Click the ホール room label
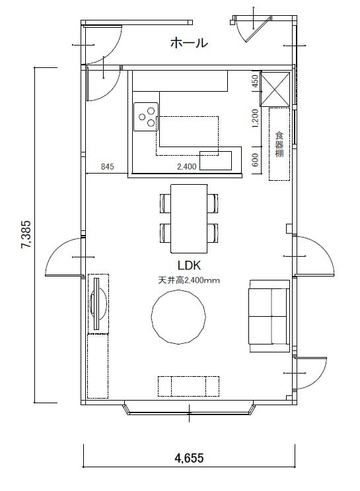189,43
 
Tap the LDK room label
189,265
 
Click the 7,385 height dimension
26,234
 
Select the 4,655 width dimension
189,458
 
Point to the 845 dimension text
107,166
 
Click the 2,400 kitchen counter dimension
187,166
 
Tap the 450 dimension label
255,81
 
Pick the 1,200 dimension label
255,118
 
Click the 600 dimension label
255,160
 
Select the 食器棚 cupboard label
279,144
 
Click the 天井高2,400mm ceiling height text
189,280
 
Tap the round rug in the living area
178,317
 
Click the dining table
189,218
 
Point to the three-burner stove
146,117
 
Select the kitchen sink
216,160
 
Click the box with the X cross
275,89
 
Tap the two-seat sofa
270,316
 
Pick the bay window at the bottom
189,410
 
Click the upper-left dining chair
165,203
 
